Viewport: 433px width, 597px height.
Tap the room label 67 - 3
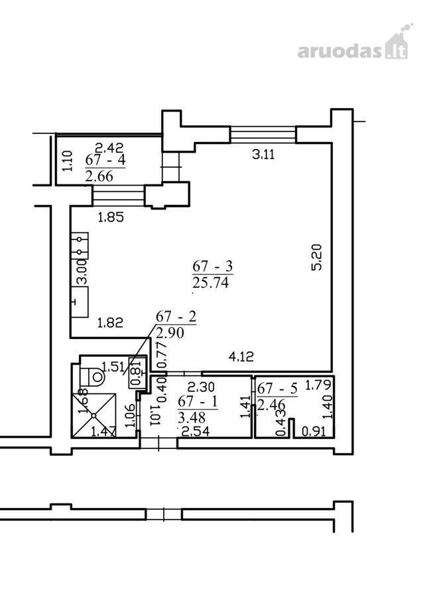212,266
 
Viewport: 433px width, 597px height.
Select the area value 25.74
211,283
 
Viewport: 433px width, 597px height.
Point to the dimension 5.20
316,257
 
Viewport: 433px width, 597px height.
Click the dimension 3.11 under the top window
263,155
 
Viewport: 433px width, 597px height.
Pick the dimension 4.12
241,357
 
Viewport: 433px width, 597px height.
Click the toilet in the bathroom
92,377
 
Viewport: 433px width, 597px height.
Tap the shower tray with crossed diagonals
94,415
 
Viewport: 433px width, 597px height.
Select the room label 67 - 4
105,159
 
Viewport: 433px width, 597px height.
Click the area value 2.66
99,176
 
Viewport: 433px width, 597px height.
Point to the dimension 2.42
109,147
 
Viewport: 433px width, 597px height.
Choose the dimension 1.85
111,218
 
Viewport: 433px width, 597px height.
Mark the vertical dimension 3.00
82,272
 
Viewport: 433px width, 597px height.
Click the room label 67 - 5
277,388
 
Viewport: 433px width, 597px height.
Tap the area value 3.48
192,418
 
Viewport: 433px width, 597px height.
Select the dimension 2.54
196,432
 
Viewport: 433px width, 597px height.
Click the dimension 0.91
314,431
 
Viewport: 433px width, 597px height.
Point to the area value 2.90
170,333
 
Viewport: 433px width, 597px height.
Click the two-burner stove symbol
80,245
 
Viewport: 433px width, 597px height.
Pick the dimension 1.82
110,323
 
